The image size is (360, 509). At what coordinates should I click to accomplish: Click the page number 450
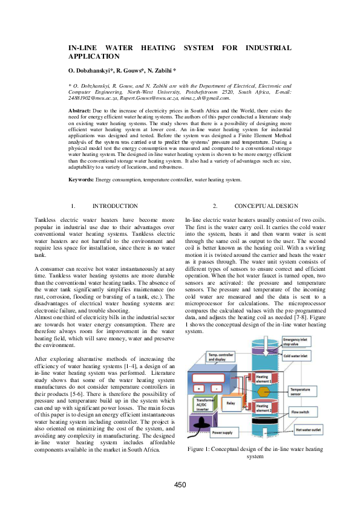point(180,485)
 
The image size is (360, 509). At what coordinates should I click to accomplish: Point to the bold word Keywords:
point(81,180)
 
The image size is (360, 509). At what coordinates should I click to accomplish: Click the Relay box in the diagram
point(231,401)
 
